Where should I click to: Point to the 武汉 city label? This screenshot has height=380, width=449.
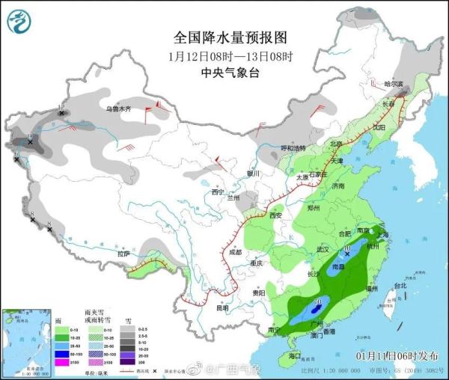click(323, 248)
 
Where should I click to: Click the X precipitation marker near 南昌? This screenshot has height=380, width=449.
click(348, 255)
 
